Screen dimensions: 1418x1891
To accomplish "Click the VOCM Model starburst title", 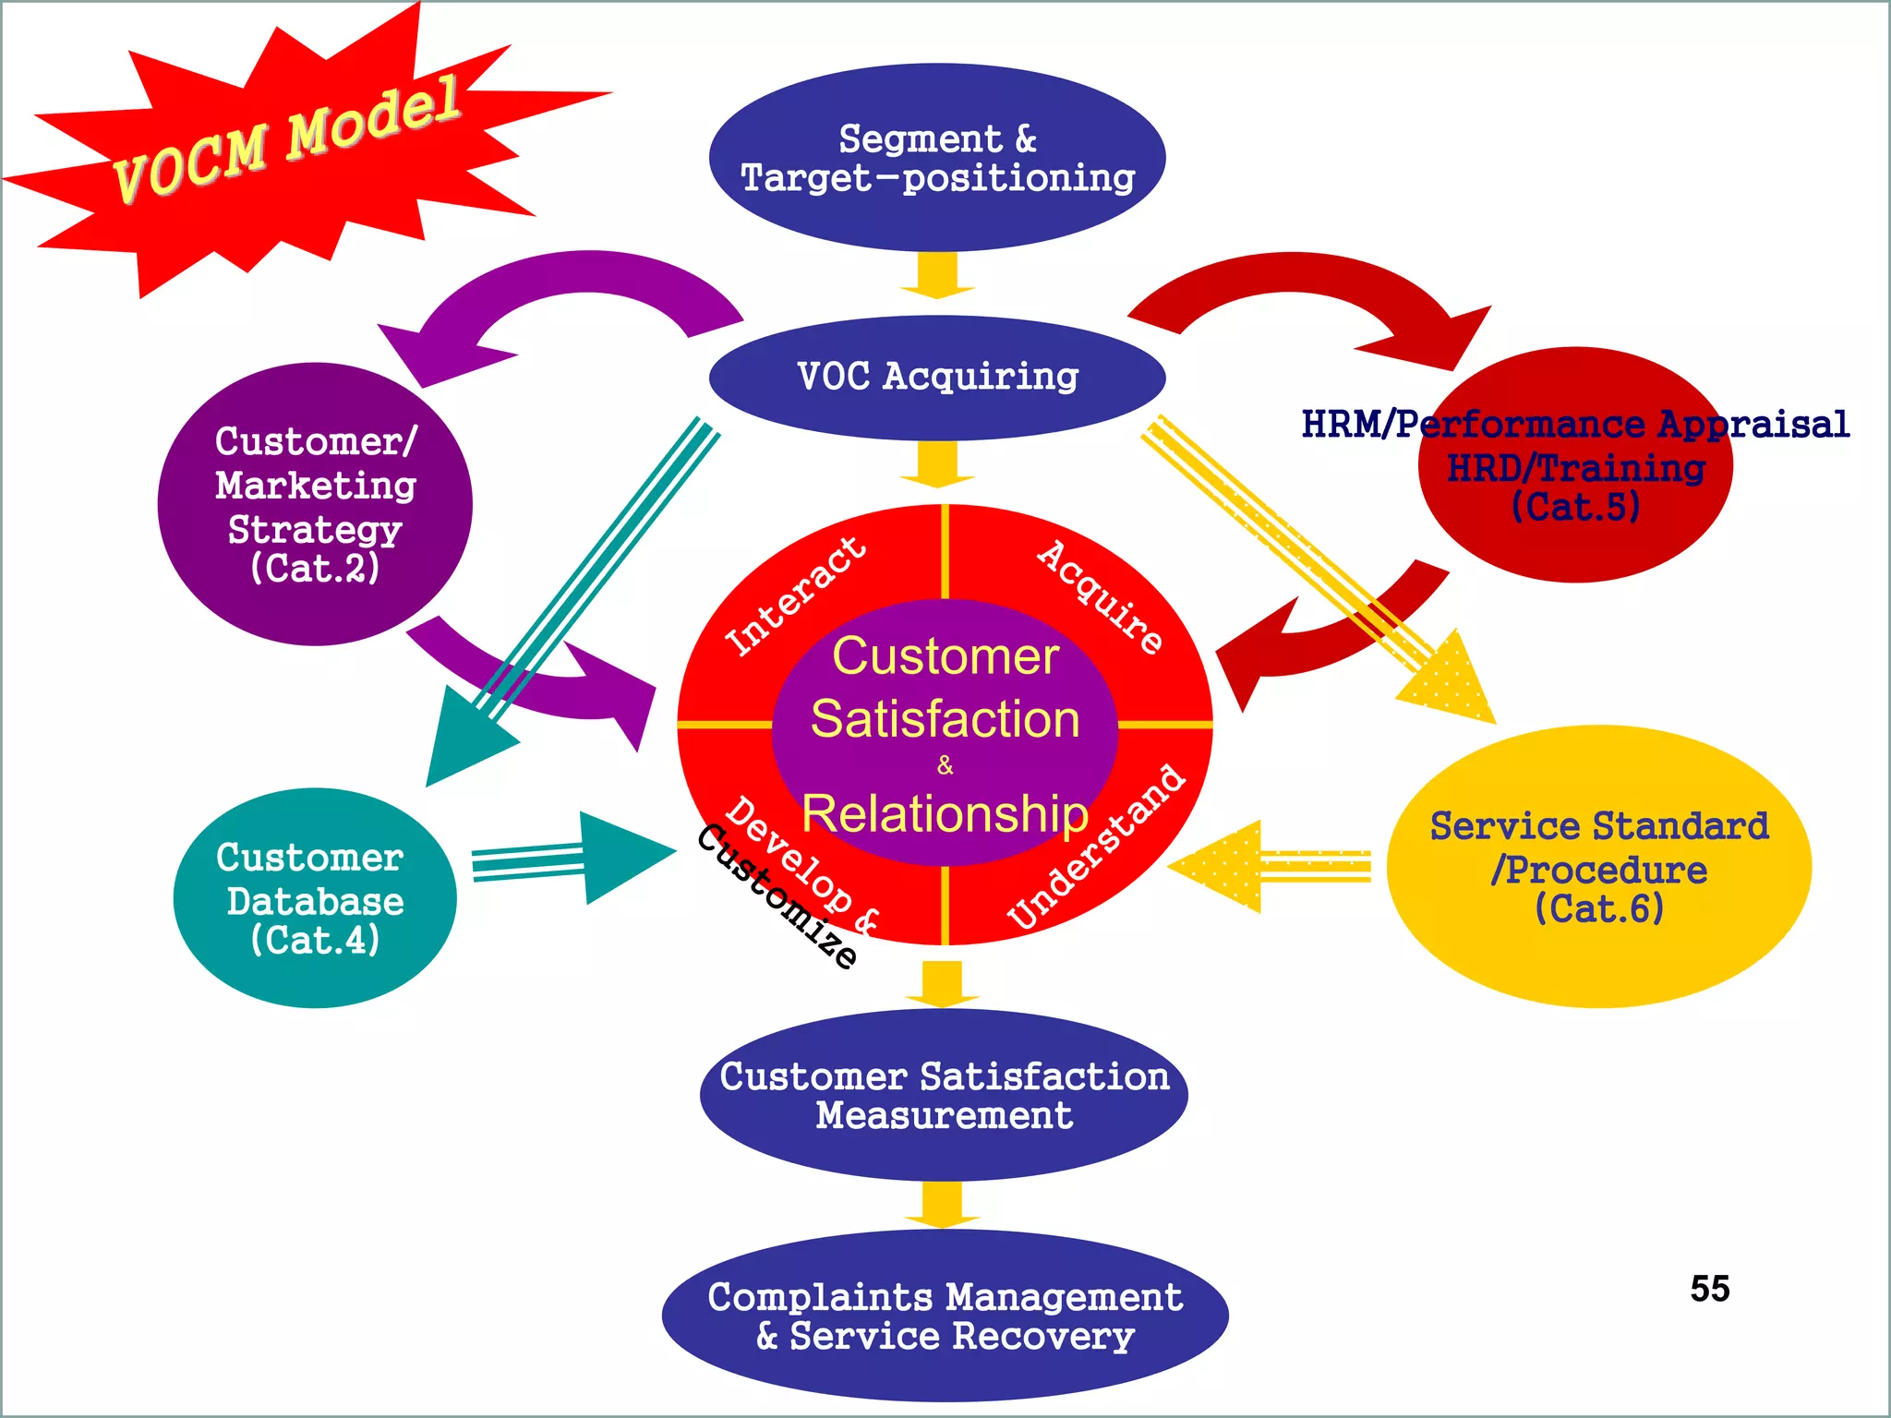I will (x=286, y=138).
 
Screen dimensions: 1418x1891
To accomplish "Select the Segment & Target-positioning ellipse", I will (x=937, y=157).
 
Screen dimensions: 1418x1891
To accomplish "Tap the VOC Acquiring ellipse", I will (x=937, y=377).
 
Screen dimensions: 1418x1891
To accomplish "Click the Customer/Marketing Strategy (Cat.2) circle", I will (x=315, y=504).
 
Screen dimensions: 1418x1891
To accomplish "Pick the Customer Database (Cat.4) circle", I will (x=314, y=897).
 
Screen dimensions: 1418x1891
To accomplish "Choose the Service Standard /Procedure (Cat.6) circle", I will (x=1599, y=866).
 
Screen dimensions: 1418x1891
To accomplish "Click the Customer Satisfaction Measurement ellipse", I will (x=944, y=1095).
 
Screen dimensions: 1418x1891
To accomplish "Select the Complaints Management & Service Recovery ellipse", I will (x=945, y=1316).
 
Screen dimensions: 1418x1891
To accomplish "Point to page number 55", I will (x=1710, y=1289).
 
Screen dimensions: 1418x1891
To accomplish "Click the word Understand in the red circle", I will (x=1097, y=847).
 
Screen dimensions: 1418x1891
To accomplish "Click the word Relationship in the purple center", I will (x=945, y=814).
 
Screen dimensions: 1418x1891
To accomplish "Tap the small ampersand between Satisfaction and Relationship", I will (x=945, y=765).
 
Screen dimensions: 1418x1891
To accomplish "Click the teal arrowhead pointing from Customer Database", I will (x=624, y=857).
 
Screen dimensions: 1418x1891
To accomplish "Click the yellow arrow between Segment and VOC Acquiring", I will (x=938, y=275).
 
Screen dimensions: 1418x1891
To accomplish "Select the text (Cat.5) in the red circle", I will (x=1575, y=507).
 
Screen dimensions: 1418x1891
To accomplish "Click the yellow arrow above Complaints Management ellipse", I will (x=942, y=1205).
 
